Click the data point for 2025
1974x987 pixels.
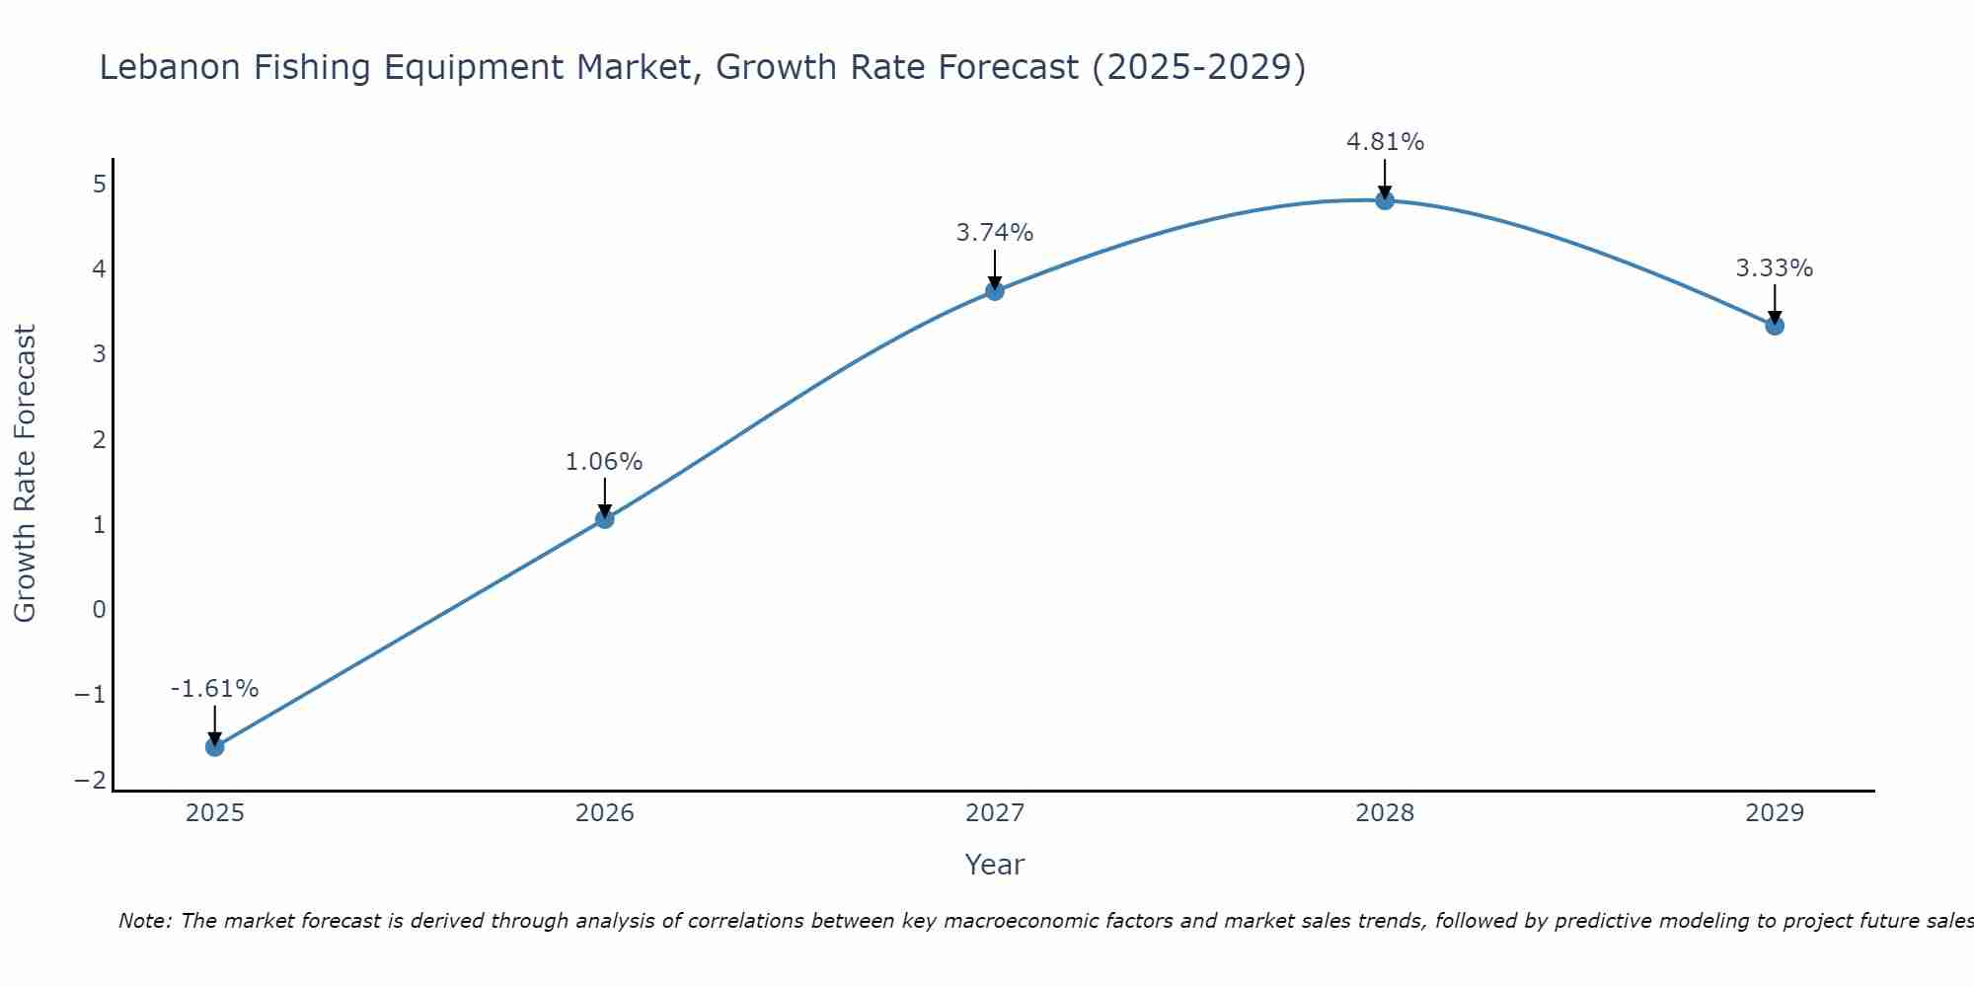[214, 746]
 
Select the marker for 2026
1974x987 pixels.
[605, 518]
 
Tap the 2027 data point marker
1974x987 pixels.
[995, 290]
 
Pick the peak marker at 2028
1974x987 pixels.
[1385, 200]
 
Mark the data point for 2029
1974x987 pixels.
[1775, 325]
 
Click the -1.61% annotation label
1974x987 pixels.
[214, 689]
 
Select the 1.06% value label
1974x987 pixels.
[604, 461]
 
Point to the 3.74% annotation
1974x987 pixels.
[995, 233]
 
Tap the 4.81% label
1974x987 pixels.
[1385, 142]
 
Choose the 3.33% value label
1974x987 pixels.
[1775, 267]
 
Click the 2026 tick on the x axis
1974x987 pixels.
[605, 813]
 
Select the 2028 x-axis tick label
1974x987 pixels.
[1385, 813]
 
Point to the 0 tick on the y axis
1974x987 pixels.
[99, 609]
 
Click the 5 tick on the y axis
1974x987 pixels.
[99, 184]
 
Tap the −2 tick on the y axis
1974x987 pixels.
[91, 780]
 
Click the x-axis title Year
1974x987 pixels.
[995, 865]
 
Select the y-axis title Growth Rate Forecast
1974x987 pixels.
[26, 474]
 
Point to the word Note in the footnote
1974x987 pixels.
[145, 921]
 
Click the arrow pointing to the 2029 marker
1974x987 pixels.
[1775, 305]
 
